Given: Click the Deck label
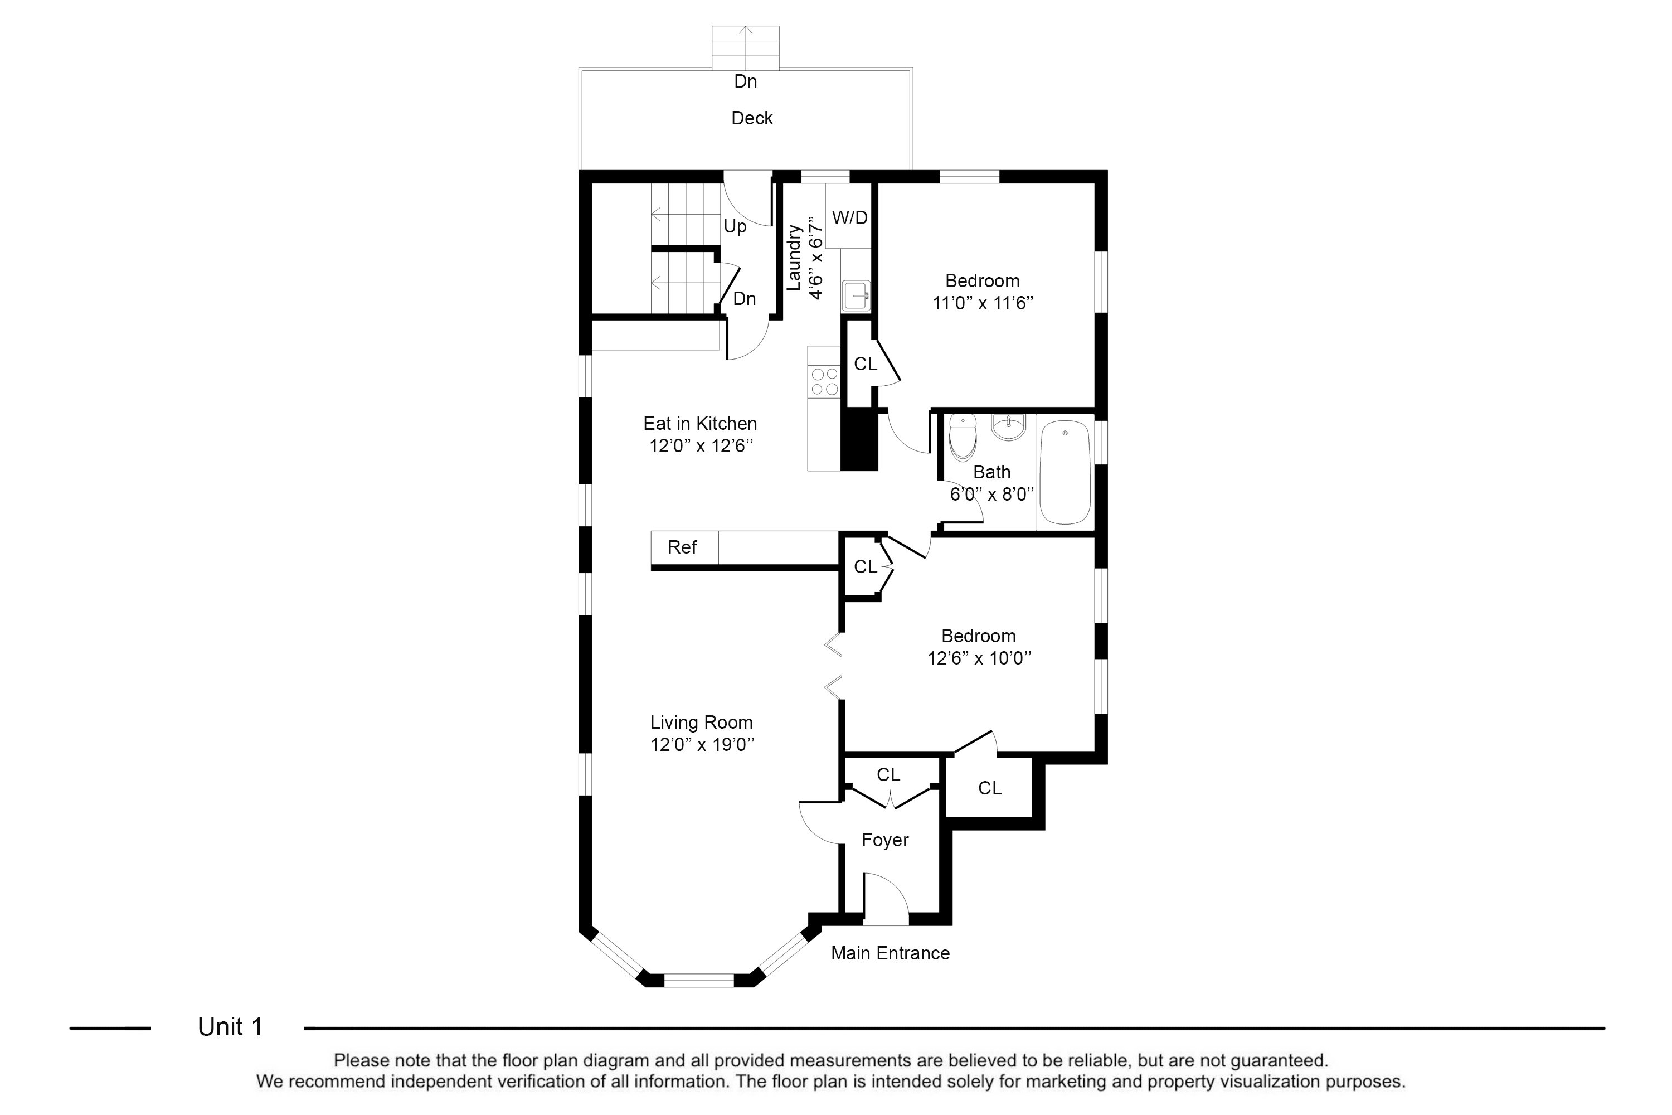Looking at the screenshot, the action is coord(751,118).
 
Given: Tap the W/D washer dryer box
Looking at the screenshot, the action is coord(849,216).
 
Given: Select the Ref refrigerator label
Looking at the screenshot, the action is coord(682,547).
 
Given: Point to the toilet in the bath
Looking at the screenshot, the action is coord(963,437).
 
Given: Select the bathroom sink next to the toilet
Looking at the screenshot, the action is coord(1008,426).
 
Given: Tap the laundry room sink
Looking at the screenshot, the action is coord(856,295).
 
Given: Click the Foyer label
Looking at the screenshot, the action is coord(885,841).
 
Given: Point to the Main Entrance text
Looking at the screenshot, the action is coord(890,953).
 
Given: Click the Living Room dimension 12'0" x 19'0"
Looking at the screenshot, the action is coord(702,744).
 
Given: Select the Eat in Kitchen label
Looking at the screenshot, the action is coord(700,424).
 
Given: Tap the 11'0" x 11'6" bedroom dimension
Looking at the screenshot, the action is coord(983,303).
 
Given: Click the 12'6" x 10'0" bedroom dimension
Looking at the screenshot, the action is coord(979,658).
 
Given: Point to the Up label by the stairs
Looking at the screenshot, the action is coord(735,227).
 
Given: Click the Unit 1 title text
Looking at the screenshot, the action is coord(230,1027).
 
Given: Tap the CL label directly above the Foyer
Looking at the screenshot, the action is coord(888,774).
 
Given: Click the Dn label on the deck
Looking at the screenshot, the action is coord(745,82).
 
